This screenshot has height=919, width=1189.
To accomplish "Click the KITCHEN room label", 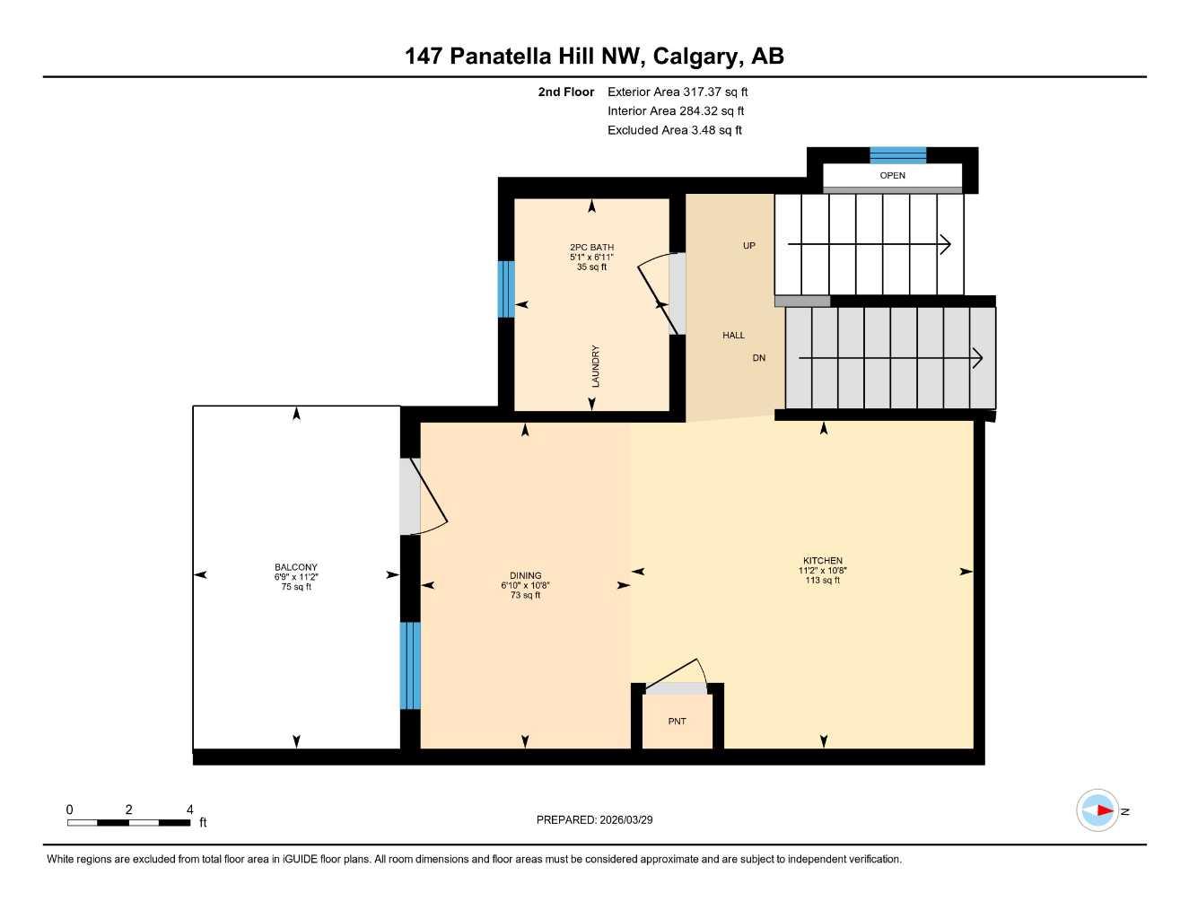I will [x=822, y=561].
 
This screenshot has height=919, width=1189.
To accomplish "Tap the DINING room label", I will [x=525, y=576].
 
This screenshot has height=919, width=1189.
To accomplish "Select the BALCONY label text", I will [x=296, y=567].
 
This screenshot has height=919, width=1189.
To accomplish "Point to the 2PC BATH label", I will [x=591, y=248].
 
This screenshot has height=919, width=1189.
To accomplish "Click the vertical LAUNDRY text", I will [x=595, y=366].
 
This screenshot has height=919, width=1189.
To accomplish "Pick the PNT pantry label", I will [x=677, y=722].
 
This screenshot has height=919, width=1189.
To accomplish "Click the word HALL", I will [x=733, y=336].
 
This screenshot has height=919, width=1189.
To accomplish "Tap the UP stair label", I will [x=748, y=246].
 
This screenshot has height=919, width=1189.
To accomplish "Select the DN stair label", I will [x=758, y=358].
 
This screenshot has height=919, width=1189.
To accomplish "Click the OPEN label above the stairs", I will [x=892, y=176].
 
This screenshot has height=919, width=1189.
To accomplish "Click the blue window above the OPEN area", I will [x=897, y=154].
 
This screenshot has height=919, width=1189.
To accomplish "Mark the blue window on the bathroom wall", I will [x=506, y=289].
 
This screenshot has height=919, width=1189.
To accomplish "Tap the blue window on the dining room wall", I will [x=409, y=665].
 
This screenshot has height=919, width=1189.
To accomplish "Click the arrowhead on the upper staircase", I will [x=945, y=244].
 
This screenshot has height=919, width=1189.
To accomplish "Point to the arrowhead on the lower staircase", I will [x=977, y=358].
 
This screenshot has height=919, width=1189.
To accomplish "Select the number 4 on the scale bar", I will [x=189, y=810].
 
